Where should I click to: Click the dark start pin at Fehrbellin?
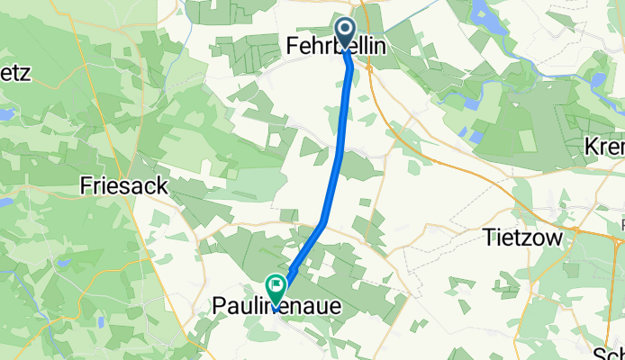click(x=347, y=32)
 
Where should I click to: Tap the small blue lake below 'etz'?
click(x=5, y=115)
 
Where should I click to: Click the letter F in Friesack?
click(x=86, y=186)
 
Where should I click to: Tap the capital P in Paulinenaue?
click(x=218, y=307)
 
